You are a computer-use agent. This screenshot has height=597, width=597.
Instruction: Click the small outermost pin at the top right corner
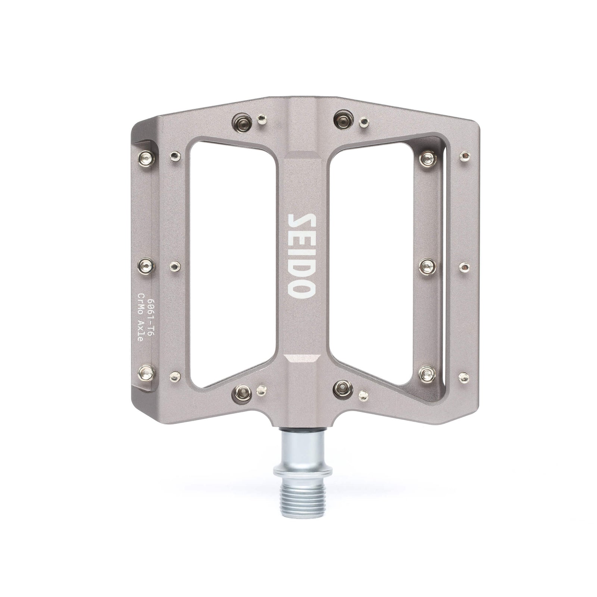click(x=465, y=154)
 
